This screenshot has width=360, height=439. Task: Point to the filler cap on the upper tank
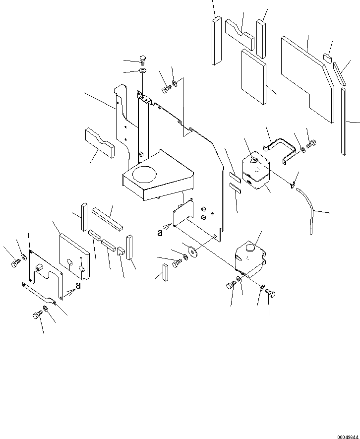tap(253, 160)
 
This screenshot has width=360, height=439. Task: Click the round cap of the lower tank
tap(249, 247)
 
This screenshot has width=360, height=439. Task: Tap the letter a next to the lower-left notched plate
tap(78, 286)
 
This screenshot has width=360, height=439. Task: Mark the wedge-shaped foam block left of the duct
tap(100, 142)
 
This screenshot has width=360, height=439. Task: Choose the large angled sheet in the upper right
tap(307, 79)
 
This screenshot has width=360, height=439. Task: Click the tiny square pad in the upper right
tap(327, 58)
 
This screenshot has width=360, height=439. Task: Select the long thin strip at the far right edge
tap(344, 122)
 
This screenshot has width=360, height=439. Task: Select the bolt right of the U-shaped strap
tap(311, 145)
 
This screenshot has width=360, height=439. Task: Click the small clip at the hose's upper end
tap(293, 185)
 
